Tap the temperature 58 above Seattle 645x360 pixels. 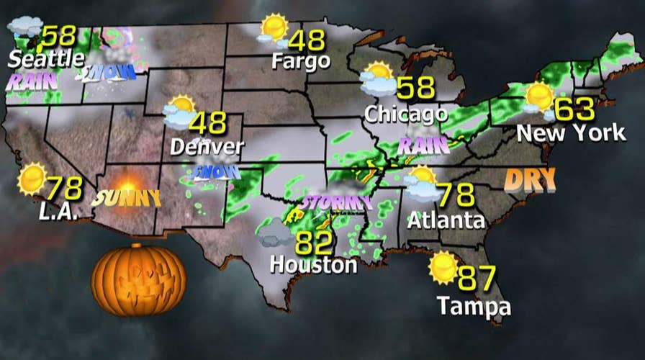59,37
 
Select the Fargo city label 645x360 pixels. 300,62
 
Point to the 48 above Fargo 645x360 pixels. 307,40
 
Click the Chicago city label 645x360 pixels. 406,114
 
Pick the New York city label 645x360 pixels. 572,133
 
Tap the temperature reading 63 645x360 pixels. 575,109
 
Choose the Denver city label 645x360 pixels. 207,147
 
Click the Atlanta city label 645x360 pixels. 446,220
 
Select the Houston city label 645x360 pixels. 313,265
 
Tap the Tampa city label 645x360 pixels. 474,307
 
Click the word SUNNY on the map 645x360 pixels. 127,197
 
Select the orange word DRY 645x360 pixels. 530,179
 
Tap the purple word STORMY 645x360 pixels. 338,202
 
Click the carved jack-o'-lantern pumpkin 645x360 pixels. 139,279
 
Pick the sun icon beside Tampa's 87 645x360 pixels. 443,267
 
